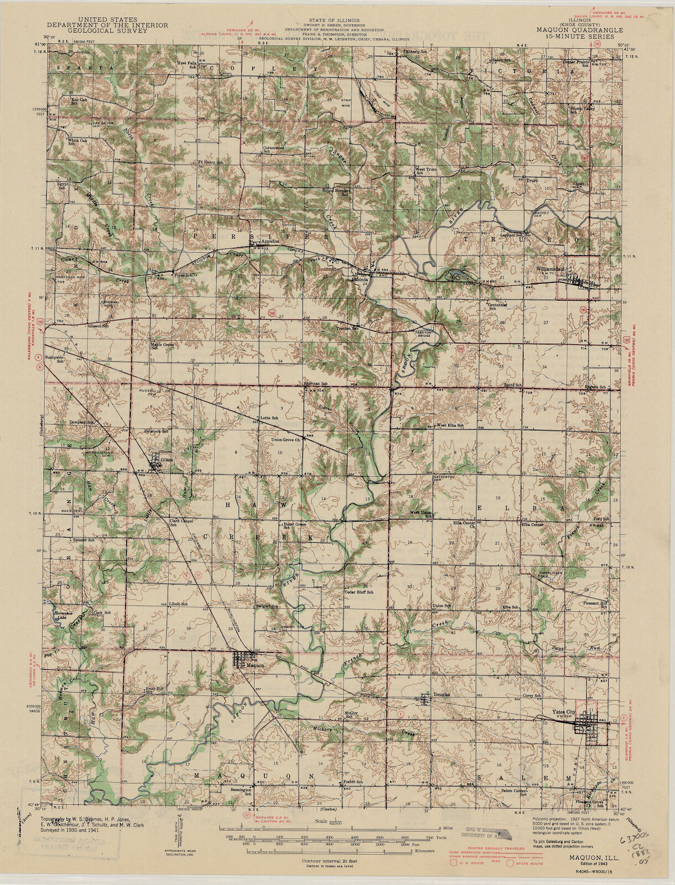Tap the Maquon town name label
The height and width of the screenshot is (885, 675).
tap(254, 665)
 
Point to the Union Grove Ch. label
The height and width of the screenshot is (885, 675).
tap(285, 440)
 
